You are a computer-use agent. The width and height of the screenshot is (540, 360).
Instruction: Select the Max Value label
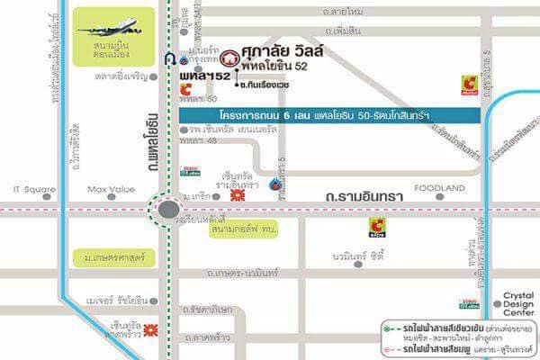click(x=111, y=189)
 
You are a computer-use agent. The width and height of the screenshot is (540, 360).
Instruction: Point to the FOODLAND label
click(x=440, y=188)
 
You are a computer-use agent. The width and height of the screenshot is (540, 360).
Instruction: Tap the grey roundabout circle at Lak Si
click(x=168, y=212)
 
